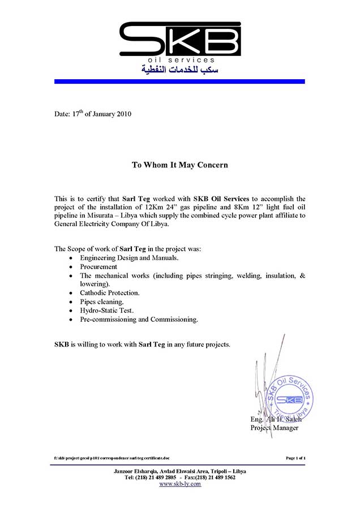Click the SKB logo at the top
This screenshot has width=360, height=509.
coord(179,38)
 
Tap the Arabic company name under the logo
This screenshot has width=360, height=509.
coord(179,70)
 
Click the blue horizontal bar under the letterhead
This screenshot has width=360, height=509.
coord(179,81)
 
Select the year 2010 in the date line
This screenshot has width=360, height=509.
coord(123,114)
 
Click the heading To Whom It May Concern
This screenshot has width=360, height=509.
coord(179,165)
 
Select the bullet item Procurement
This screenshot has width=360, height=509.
coord(98,266)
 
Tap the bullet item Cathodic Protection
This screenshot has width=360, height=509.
coord(109,293)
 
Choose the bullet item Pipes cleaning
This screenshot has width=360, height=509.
coord(101,302)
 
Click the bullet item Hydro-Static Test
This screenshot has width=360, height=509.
coord(106,310)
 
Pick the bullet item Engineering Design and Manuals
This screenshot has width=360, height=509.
coord(129,258)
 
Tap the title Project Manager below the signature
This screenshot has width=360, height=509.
coord(274,428)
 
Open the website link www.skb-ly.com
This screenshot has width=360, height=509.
coord(180,484)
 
